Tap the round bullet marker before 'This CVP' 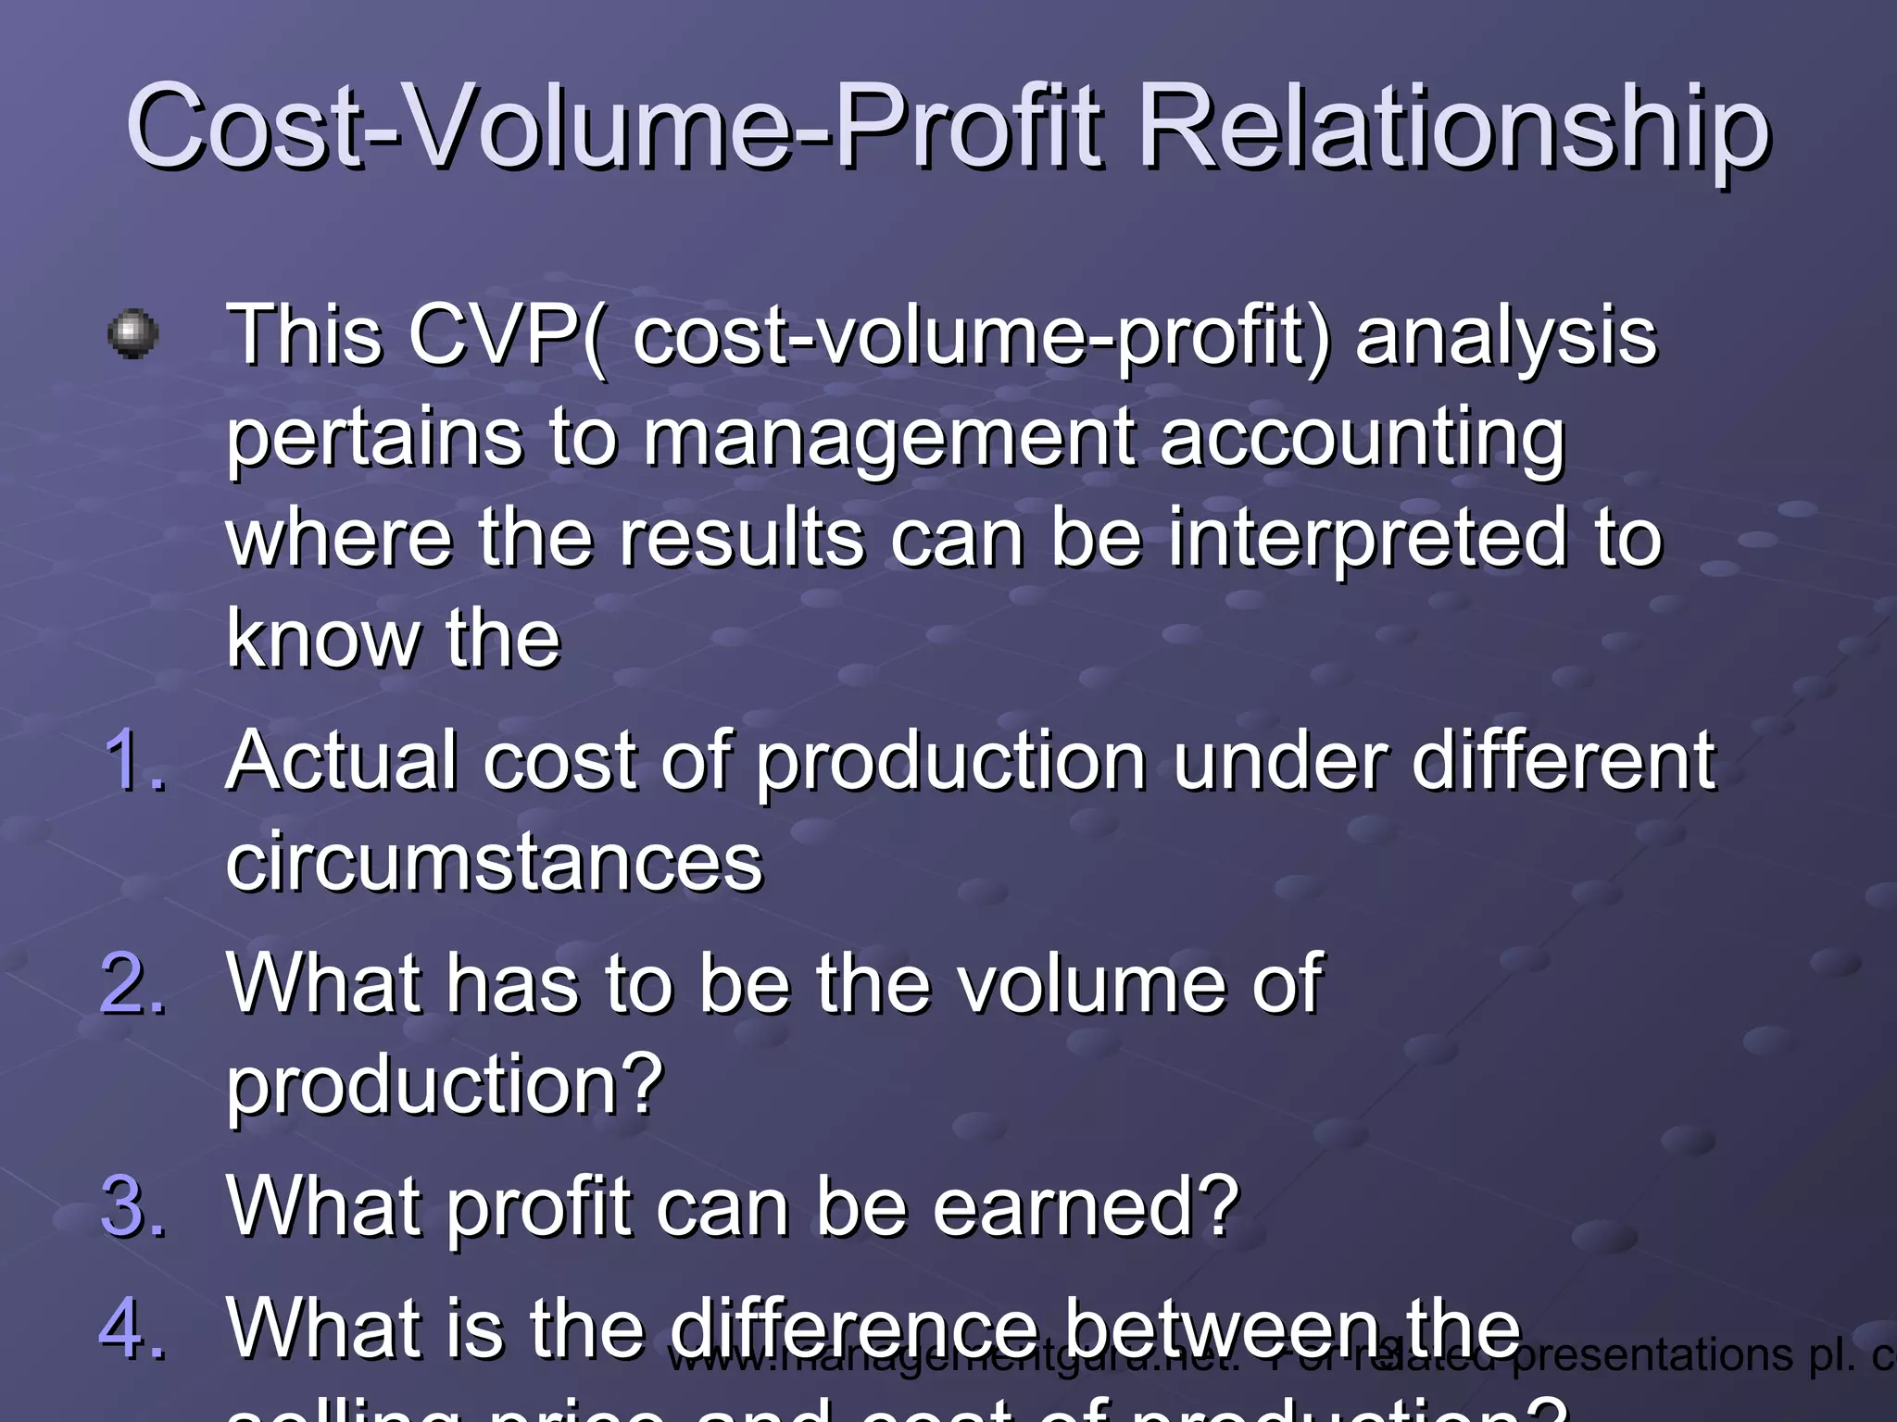click(133, 333)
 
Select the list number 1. click(135, 761)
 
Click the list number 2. click(133, 983)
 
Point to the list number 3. click(133, 1205)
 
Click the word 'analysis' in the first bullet click(1506, 335)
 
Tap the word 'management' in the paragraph click(888, 437)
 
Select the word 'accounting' click(1362, 437)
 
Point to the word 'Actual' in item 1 click(342, 761)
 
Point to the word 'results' click(741, 539)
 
